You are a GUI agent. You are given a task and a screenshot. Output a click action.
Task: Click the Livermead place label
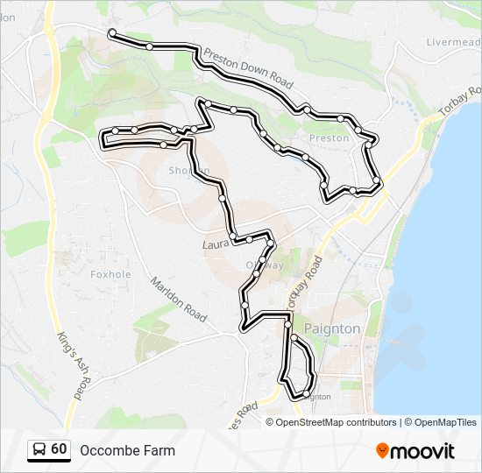point(452,42)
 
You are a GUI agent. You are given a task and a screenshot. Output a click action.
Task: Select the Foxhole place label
point(110,273)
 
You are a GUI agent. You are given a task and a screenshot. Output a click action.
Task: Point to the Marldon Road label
point(178,298)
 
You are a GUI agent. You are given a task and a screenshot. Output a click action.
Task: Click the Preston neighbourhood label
point(330,138)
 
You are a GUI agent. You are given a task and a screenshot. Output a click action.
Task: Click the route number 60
point(59,449)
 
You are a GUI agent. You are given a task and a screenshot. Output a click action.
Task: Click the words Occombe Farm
point(127,451)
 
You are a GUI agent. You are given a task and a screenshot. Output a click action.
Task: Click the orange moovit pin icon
point(383,451)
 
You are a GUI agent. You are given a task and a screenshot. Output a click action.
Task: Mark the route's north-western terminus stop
point(112,33)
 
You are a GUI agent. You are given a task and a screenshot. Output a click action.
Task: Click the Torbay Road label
point(462,104)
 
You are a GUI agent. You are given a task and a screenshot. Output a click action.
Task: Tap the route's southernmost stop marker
point(303,396)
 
